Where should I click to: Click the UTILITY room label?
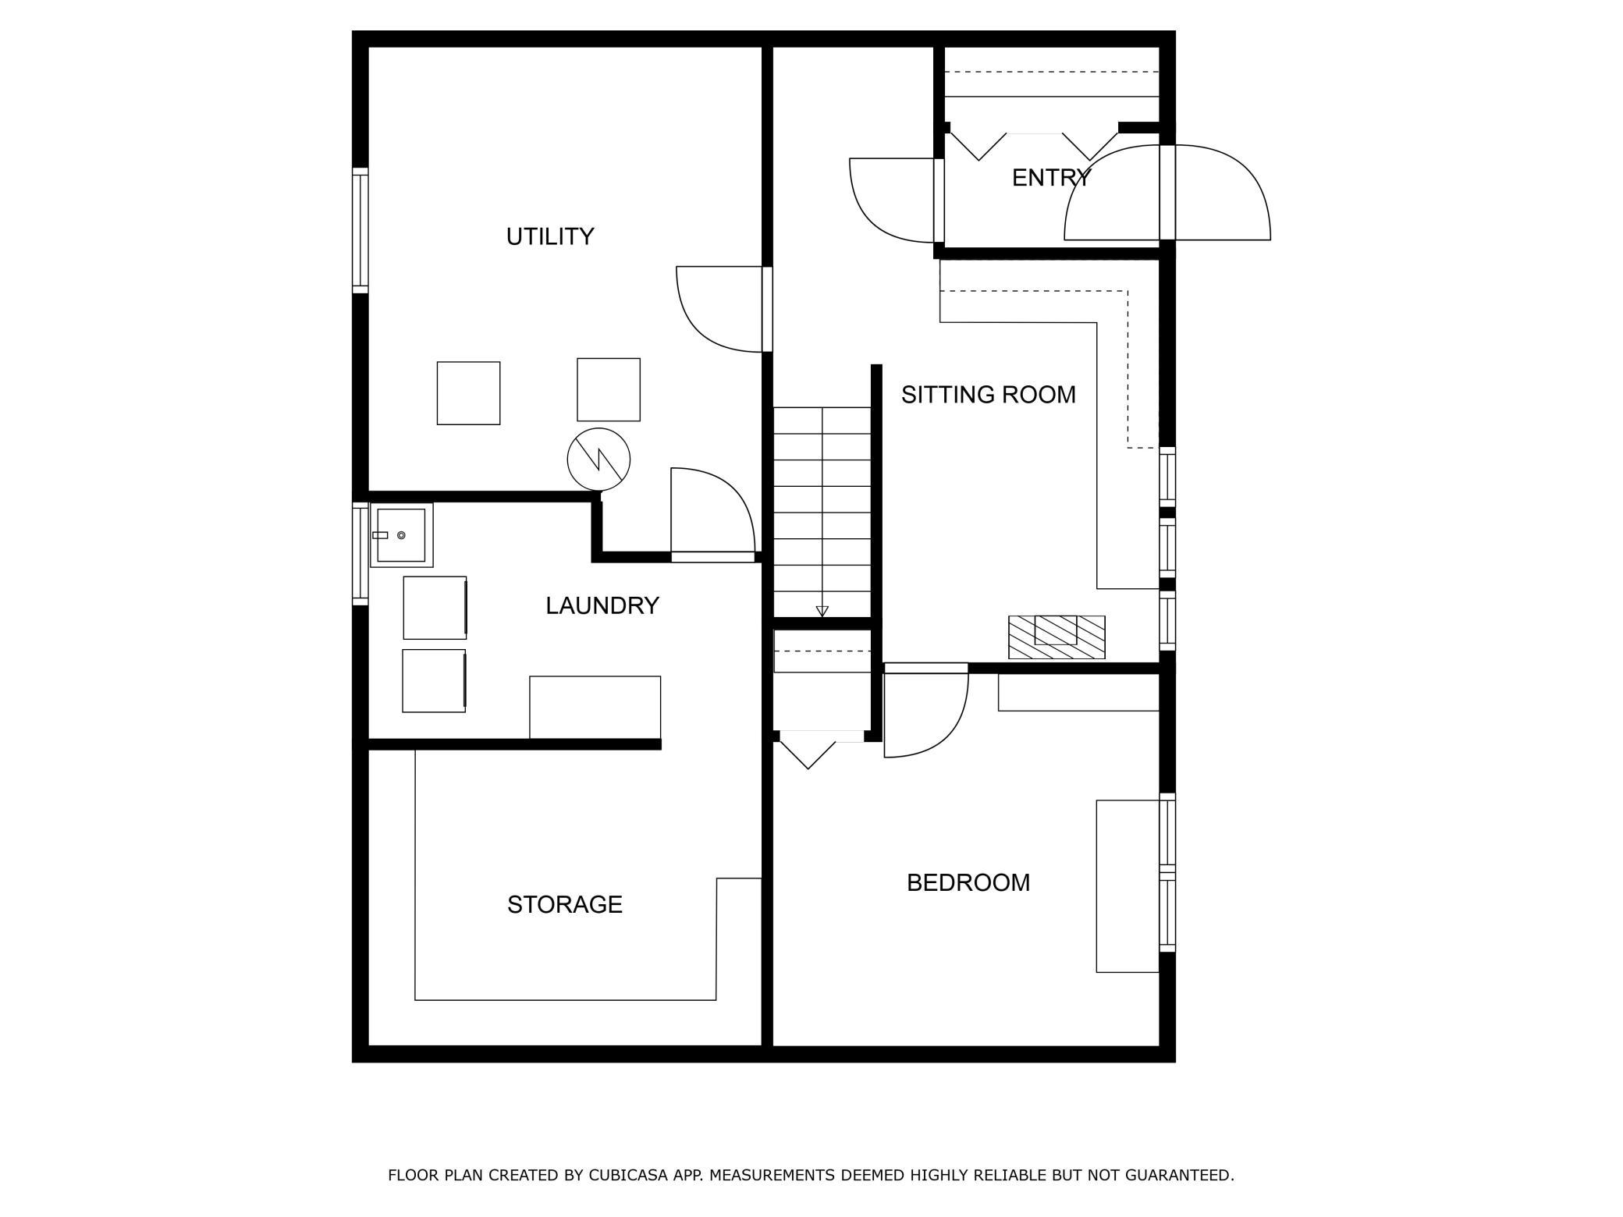pyautogui.click(x=550, y=236)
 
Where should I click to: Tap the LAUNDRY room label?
pyautogui.click(x=602, y=605)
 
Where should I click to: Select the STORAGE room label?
pyautogui.click(x=565, y=904)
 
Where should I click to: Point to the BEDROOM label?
pyautogui.click(x=968, y=882)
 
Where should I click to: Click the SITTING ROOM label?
pyautogui.click(x=989, y=395)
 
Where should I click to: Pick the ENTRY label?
pyautogui.click(x=1051, y=178)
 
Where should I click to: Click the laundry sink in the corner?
pyautogui.click(x=401, y=535)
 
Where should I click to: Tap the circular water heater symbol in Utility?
pyautogui.click(x=598, y=459)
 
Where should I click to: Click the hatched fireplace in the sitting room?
pyautogui.click(x=1057, y=637)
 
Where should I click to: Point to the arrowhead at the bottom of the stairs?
pyautogui.click(x=822, y=612)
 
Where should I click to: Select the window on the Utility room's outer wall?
pyautogui.click(x=360, y=230)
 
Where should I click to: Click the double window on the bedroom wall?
pyautogui.click(x=1167, y=872)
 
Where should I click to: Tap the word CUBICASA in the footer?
pyautogui.click(x=632, y=1175)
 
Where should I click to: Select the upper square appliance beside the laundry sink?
pyautogui.click(x=435, y=608)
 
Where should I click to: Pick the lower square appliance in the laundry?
pyautogui.click(x=434, y=681)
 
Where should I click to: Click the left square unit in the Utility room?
pyautogui.click(x=468, y=393)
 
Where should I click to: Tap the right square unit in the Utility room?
pyautogui.click(x=609, y=390)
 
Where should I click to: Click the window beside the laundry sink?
pyautogui.click(x=360, y=554)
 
